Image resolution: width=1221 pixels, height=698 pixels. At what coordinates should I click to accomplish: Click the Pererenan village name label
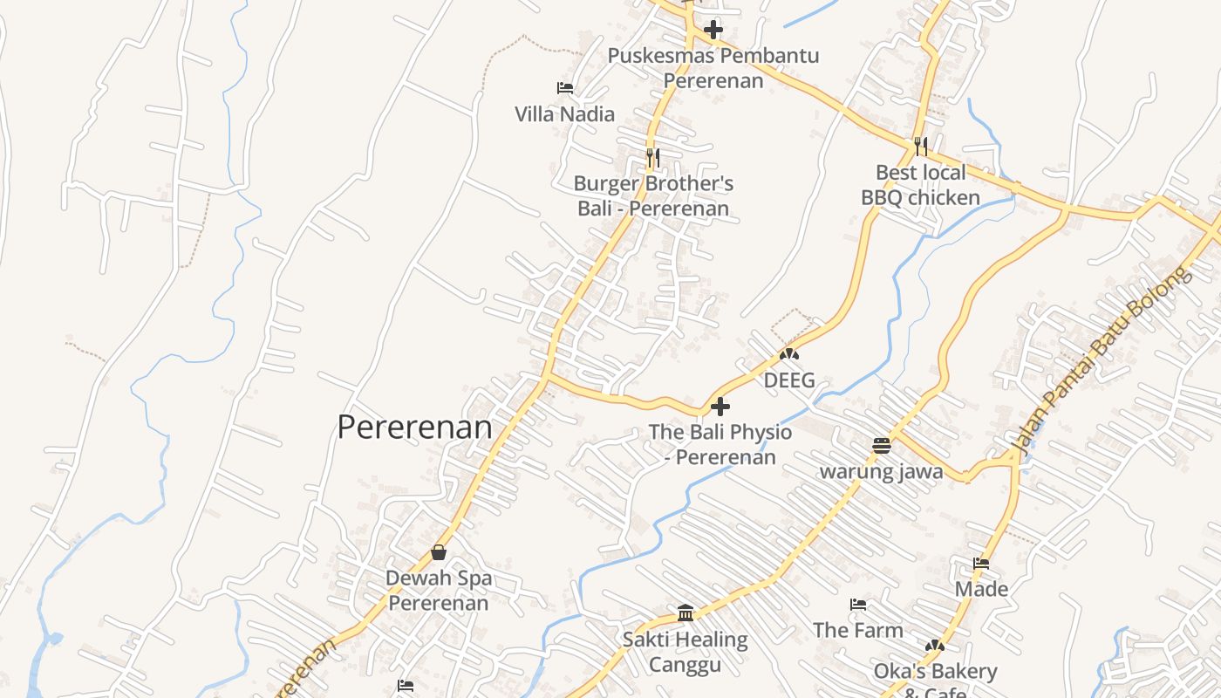[414, 428]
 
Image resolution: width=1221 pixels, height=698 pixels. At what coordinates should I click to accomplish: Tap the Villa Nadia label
[564, 114]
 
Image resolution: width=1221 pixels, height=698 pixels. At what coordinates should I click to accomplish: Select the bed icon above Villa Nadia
[564, 88]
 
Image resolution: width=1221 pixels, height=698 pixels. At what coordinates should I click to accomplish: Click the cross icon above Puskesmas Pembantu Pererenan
[713, 30]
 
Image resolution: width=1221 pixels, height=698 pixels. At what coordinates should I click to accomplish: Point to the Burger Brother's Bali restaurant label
[653, 196]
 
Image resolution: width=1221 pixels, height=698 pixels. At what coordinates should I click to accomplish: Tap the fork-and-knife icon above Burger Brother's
[652, 157]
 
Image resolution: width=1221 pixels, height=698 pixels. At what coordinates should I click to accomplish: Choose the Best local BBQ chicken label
[920, 185]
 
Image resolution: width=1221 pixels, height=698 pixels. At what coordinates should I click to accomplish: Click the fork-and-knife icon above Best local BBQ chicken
[921, 146]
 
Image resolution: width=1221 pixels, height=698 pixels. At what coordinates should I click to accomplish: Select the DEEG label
[789, 380]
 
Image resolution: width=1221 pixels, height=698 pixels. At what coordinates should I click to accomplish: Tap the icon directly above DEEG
[789, 355]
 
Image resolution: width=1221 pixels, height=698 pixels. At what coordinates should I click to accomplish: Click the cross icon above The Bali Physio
[720, 407]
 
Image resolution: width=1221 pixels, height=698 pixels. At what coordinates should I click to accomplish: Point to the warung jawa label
[881, 472]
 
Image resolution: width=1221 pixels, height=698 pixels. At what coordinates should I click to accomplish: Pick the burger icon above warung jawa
[882, 446]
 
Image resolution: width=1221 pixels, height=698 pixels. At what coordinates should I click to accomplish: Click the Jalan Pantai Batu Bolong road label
[1102, 359]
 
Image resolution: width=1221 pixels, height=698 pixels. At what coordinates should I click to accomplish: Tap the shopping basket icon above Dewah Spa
[439, 552]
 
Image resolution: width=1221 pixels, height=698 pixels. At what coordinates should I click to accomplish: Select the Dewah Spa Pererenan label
[439, 591]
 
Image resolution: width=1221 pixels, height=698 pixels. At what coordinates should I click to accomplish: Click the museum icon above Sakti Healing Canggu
[686, 613]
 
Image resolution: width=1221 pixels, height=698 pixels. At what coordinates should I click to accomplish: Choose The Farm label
[858, 630]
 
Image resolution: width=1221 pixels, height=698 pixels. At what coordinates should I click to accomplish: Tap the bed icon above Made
[981, 564]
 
